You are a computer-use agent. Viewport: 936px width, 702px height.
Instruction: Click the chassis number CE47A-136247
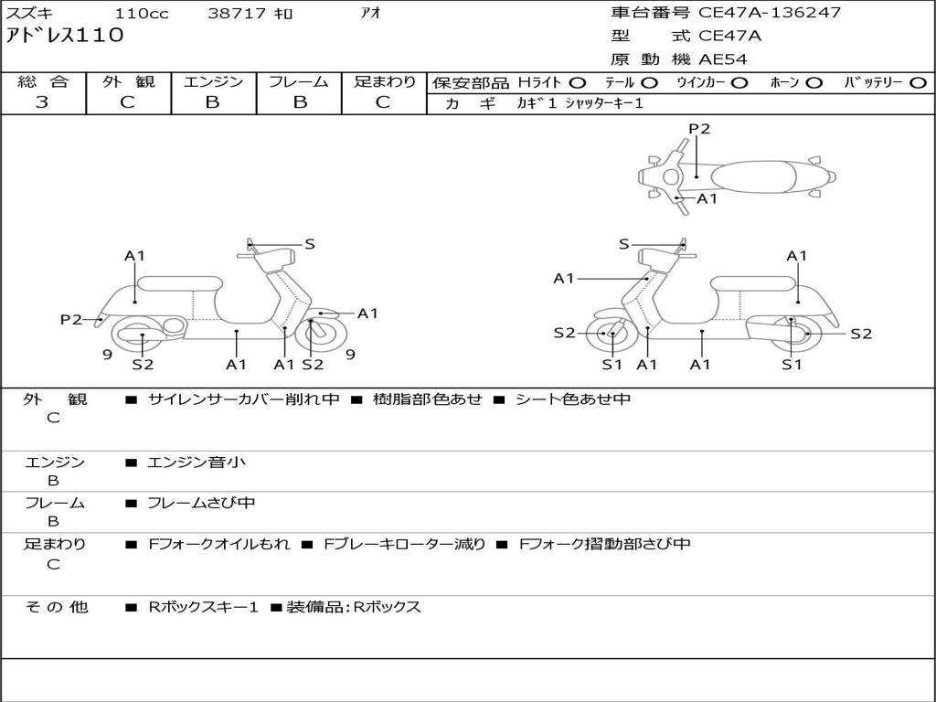770,13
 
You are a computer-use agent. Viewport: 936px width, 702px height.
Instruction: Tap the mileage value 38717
237,14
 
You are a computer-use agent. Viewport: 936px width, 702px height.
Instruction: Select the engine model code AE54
723,59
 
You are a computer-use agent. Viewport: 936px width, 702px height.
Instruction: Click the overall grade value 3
42,102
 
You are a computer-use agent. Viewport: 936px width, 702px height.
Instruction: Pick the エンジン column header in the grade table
213,81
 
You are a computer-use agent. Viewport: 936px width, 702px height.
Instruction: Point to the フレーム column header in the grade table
298,81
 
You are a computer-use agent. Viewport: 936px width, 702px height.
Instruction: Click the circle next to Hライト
578,82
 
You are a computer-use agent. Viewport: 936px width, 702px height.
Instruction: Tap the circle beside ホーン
814,82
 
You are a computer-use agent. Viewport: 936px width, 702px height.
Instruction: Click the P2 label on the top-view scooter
699,129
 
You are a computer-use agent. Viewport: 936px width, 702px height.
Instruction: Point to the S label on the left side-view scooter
310,244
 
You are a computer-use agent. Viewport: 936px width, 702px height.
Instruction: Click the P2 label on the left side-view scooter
71,319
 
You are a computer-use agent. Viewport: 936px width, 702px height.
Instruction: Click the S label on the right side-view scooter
624,244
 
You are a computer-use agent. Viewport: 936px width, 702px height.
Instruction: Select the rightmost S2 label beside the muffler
861,334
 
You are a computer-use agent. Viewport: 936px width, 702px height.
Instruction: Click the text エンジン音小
197,463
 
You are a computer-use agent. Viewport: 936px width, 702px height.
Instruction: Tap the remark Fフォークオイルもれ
219,544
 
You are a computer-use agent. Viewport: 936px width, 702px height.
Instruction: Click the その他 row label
56,607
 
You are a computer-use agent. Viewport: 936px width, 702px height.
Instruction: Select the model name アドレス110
65,36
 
